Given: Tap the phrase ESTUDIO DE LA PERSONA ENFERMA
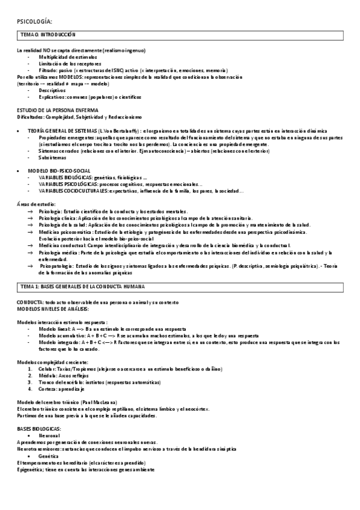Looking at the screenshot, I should (58, 110).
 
